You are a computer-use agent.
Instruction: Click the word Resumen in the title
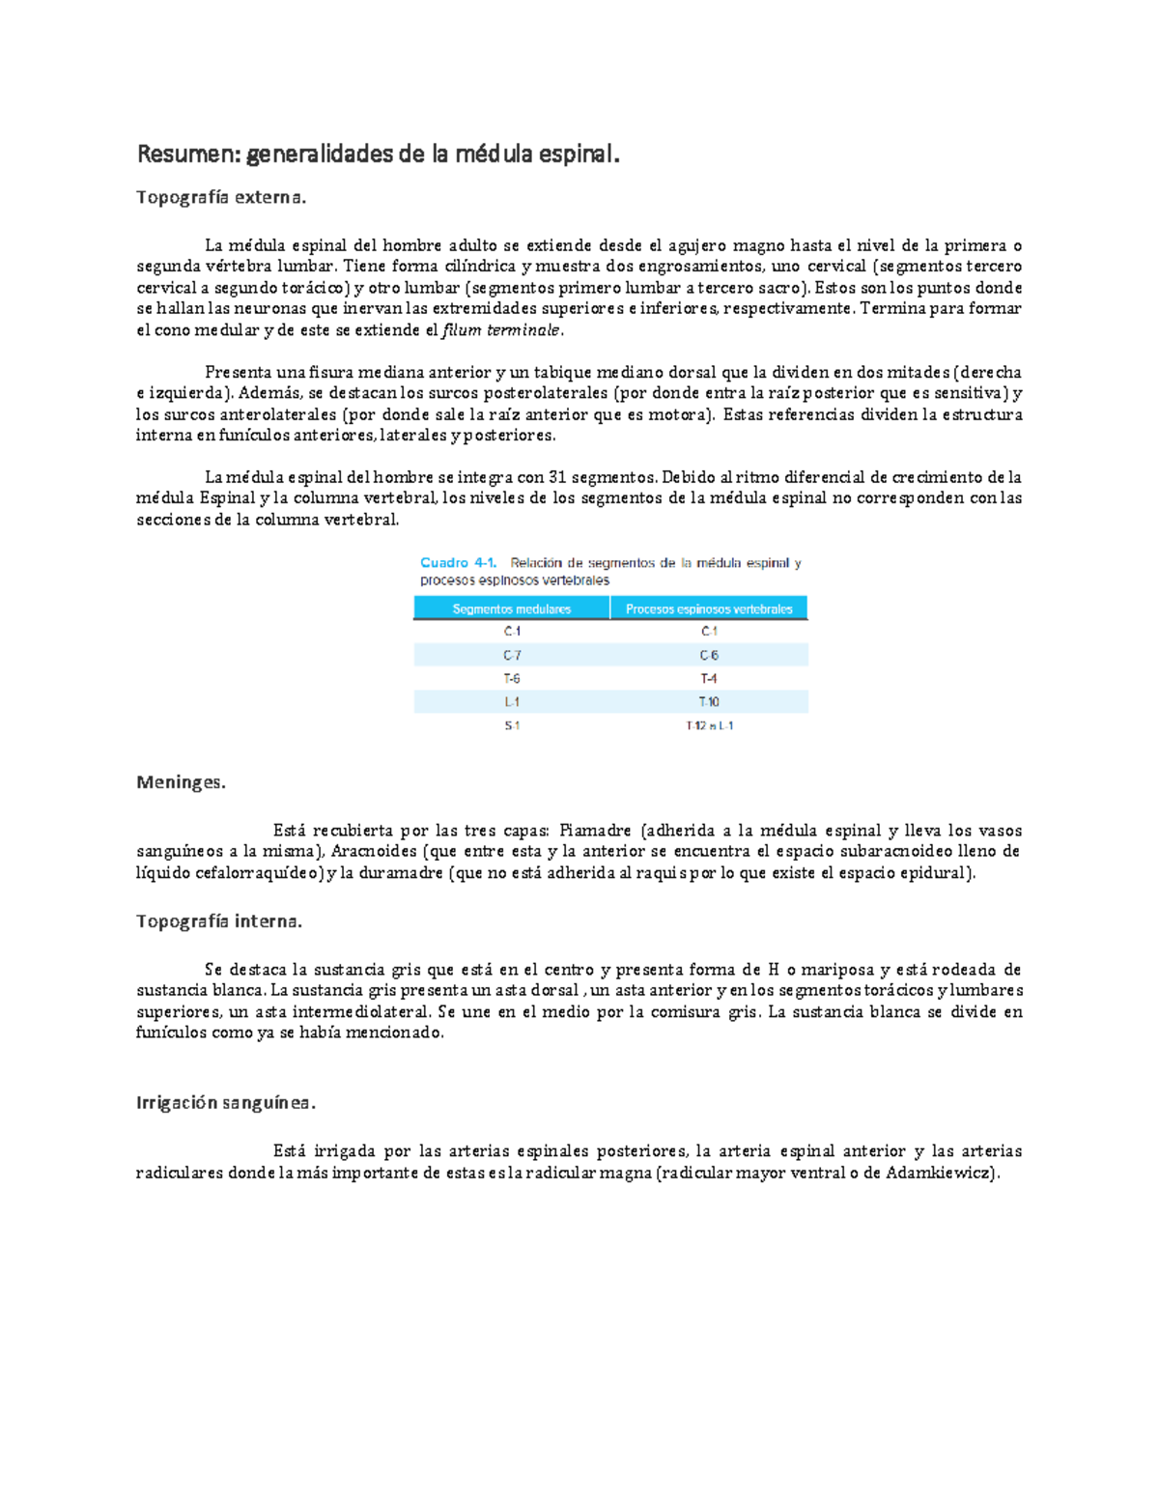click(187, 154)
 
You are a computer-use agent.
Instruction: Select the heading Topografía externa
click(220, 197)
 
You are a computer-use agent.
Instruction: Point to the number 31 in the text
click(557, 477)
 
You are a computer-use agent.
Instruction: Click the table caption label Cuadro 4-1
click(458, 563)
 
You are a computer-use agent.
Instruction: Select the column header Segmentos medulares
click(511, 608)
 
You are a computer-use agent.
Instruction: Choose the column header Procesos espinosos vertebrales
click(709, 608)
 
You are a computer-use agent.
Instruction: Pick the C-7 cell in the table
click(512, 655)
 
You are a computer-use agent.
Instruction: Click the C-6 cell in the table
click(709, 655)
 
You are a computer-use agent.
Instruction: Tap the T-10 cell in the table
click(709, 702)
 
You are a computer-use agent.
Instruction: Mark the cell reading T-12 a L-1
click(709, 725)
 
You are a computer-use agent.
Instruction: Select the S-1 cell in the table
click(512, 725)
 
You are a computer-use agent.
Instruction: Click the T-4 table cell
click(709, 678)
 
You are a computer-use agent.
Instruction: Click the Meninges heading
click(181, 782)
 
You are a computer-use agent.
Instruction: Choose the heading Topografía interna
click(219, 921)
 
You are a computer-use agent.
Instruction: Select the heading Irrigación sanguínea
click(226, 1103)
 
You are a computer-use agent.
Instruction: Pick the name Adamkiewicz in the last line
click(940, 1174)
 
